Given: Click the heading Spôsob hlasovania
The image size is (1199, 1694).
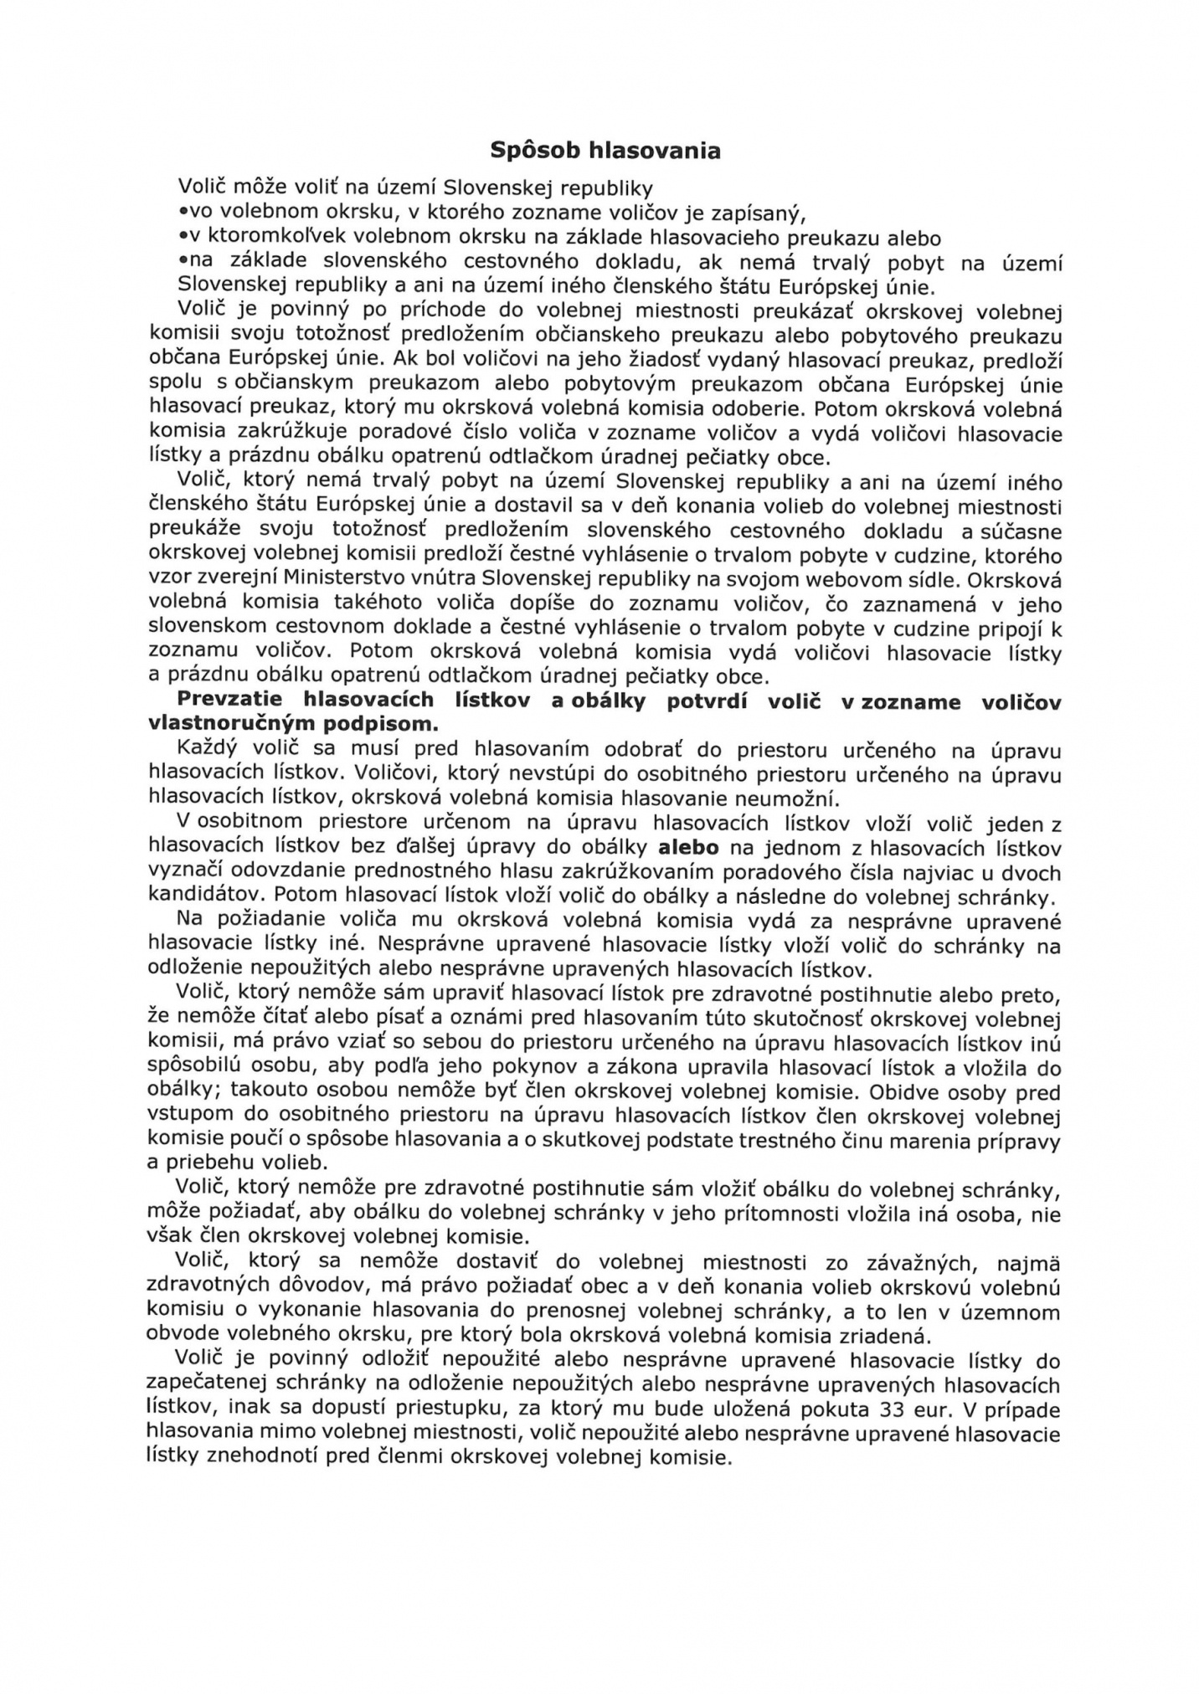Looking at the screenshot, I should click(605, 151).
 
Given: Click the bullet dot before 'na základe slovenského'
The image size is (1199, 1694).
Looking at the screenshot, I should click(181, 263).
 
